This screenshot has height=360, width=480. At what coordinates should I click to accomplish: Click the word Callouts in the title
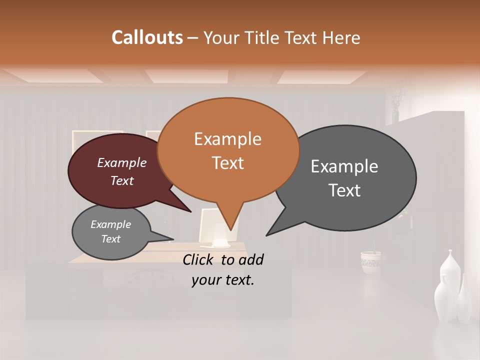147,37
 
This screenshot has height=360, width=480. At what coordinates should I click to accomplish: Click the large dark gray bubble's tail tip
266,235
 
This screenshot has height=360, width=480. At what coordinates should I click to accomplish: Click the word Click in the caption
199,259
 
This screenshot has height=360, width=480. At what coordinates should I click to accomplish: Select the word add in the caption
250,259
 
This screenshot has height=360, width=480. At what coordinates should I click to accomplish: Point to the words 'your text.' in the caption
223,280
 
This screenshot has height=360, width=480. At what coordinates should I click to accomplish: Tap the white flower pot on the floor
370,261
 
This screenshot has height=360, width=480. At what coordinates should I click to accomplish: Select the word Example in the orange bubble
227,139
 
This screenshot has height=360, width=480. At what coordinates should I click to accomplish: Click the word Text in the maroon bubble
122,181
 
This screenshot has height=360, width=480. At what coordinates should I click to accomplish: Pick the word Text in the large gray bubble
344,190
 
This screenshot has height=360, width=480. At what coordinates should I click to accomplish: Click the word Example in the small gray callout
111,224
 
